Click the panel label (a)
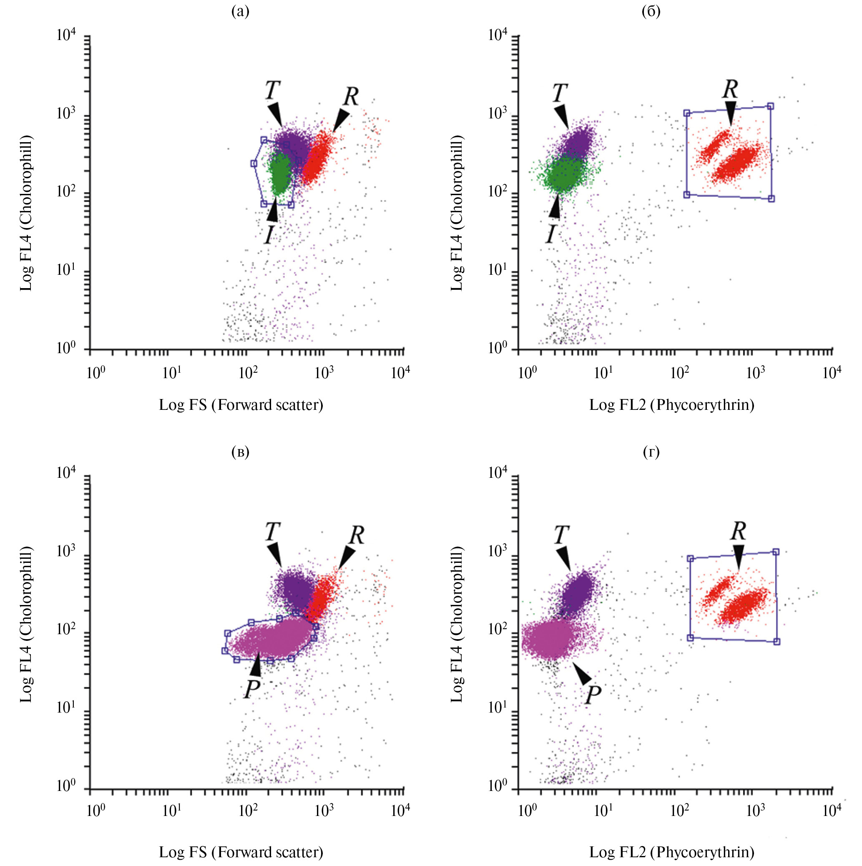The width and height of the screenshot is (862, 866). tap(240, 11)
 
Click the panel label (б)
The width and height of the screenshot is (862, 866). tap(651, 11)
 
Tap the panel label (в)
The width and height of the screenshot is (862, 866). tap(240, 452)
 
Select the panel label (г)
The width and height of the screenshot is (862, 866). tap(651, 452)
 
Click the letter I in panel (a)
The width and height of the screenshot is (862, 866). tap(269, 234)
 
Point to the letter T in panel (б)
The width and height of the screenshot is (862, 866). tap(559, 93)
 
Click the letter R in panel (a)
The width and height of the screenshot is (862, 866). tap(351, 96)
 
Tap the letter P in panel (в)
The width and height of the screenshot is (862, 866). tap(252, 688)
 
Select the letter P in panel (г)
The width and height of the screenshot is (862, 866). tap(593, 695)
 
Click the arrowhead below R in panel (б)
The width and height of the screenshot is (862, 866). tap(731, 113)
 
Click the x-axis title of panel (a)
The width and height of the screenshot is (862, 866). tap(241, 405)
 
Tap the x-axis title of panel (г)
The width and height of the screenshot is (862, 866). tap(671, 852)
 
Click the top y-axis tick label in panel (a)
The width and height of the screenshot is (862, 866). tap(66, 35)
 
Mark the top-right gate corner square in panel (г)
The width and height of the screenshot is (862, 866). tap(776, 552)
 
